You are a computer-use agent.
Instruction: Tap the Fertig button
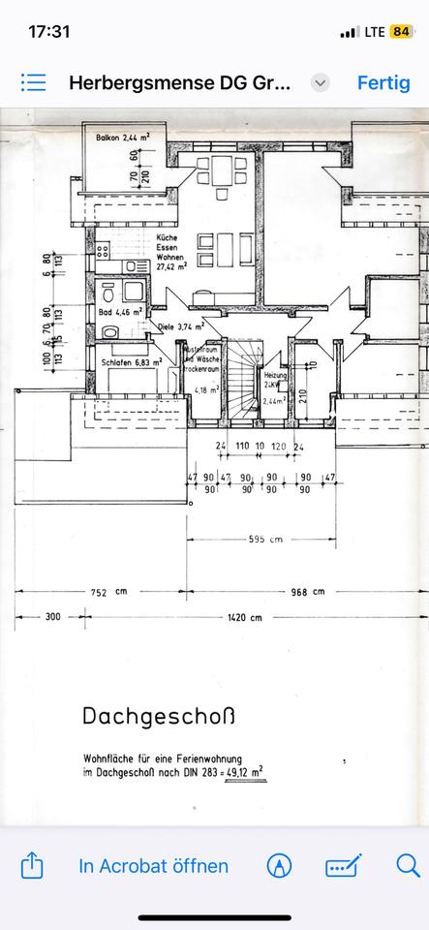click(x=383, y=82)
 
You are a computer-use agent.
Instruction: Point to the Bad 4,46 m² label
click(x=120, y=312)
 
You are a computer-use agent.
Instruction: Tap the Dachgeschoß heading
click(x=158, y=718)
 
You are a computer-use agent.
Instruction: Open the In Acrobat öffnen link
click(x=154, y=865)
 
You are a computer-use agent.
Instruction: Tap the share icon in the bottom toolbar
click(x=31, y=864)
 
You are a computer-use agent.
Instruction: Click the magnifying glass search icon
click(x=407, y=865)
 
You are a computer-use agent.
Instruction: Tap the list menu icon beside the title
click(x=34, y=82)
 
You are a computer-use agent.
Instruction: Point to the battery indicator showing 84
click(x=401, y=31)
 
